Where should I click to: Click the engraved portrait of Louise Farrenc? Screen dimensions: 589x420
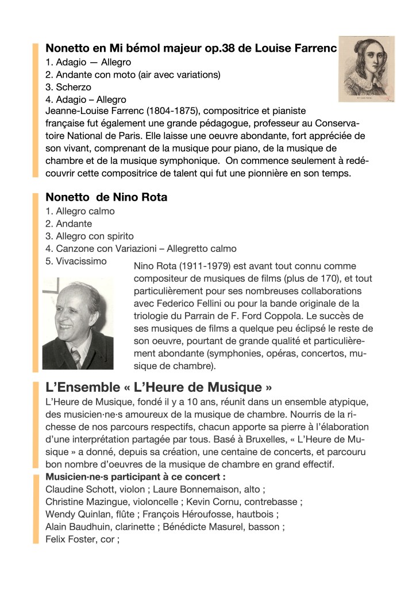367,70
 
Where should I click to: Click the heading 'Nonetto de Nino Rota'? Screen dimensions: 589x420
106,197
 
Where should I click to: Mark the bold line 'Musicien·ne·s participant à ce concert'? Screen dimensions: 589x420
135,477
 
